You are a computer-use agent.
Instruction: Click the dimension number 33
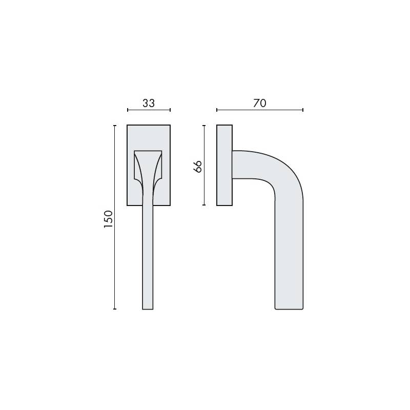(x=149, y=103)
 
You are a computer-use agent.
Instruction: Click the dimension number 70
(x=260, y=103)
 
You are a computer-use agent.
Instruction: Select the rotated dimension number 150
(x=108, y=219)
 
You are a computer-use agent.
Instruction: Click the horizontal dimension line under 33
(x=149, y=110)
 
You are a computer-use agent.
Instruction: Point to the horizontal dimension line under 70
(x=260, y=110)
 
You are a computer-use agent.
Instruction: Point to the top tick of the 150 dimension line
(x=115, y=125)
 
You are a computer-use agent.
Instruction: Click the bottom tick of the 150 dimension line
(x=115, y=309)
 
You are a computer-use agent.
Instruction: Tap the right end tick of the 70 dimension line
(x=303, y=110)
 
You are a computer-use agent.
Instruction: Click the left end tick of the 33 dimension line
(x=128, y=110)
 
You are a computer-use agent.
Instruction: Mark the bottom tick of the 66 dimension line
(x=204, y=205)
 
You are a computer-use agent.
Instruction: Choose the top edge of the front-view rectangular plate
(x=149, y=125)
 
